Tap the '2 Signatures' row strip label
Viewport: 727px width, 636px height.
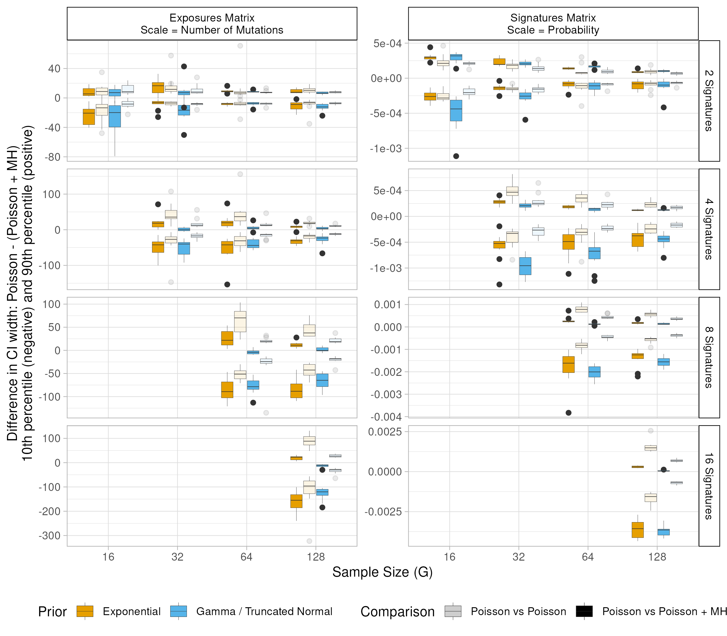(709, 101)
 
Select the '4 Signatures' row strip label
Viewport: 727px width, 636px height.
(709, 229)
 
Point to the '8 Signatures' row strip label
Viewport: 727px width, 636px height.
(709, 357)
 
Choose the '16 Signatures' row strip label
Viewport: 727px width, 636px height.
(709, 486)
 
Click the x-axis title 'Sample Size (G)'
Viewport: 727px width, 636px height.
(382, 572)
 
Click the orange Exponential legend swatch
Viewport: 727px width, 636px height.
(85, 611)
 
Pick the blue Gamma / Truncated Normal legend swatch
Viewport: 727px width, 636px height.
(178, 611)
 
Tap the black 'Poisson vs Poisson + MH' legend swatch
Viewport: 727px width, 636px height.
(584, 611)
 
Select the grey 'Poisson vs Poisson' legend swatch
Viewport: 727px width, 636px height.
(453, 611)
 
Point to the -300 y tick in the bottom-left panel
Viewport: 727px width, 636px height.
(50, 535)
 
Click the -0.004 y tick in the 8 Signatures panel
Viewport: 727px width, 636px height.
(386, 417)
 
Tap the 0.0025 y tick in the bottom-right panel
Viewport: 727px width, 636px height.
(385, 432)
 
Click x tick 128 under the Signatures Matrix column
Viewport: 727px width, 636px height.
(657, 557)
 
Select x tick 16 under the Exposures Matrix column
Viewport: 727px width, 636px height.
(108, 557)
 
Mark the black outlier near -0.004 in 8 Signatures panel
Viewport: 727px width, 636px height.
(568, 412)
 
